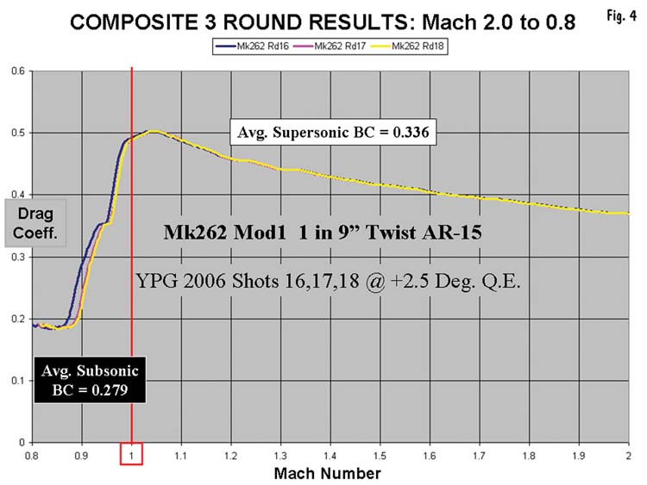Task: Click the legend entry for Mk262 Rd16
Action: coord(253,47)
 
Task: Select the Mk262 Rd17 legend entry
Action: coord(330,47)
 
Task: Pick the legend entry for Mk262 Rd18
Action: coord(407,47)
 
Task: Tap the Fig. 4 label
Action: coord(621,16)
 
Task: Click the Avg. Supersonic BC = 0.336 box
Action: coord(333,132)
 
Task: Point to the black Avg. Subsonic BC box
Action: coord(90,380)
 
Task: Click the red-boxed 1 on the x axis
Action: coord(132,454)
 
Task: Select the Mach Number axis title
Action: coord(327,474)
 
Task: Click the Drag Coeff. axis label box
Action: coord(35,223)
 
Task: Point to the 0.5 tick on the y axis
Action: coord(18,134)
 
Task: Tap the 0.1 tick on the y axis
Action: coord(18,381)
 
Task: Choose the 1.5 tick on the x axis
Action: coord(380,456)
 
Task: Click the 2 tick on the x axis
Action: coord(628,456)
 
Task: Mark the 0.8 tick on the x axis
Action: coord(32,456)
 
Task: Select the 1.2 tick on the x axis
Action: coord(231,456)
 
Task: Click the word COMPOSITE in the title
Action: coord(134,22)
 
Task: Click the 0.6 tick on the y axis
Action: coord(18,71)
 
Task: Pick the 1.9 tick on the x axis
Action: coord(579,456)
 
